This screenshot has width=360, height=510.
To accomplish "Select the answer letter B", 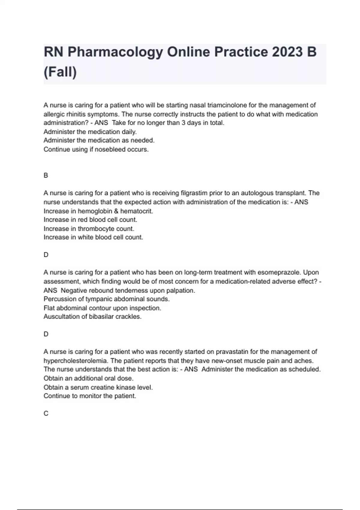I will pyautogui.click(x=46, y=175).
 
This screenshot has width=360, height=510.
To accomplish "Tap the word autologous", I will pyautogui.click(x=258, y=193).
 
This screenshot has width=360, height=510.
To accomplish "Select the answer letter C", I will pyautogui.click(x=46, y=414).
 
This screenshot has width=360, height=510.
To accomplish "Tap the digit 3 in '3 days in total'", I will pyautogui.click(x=183, y=123).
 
